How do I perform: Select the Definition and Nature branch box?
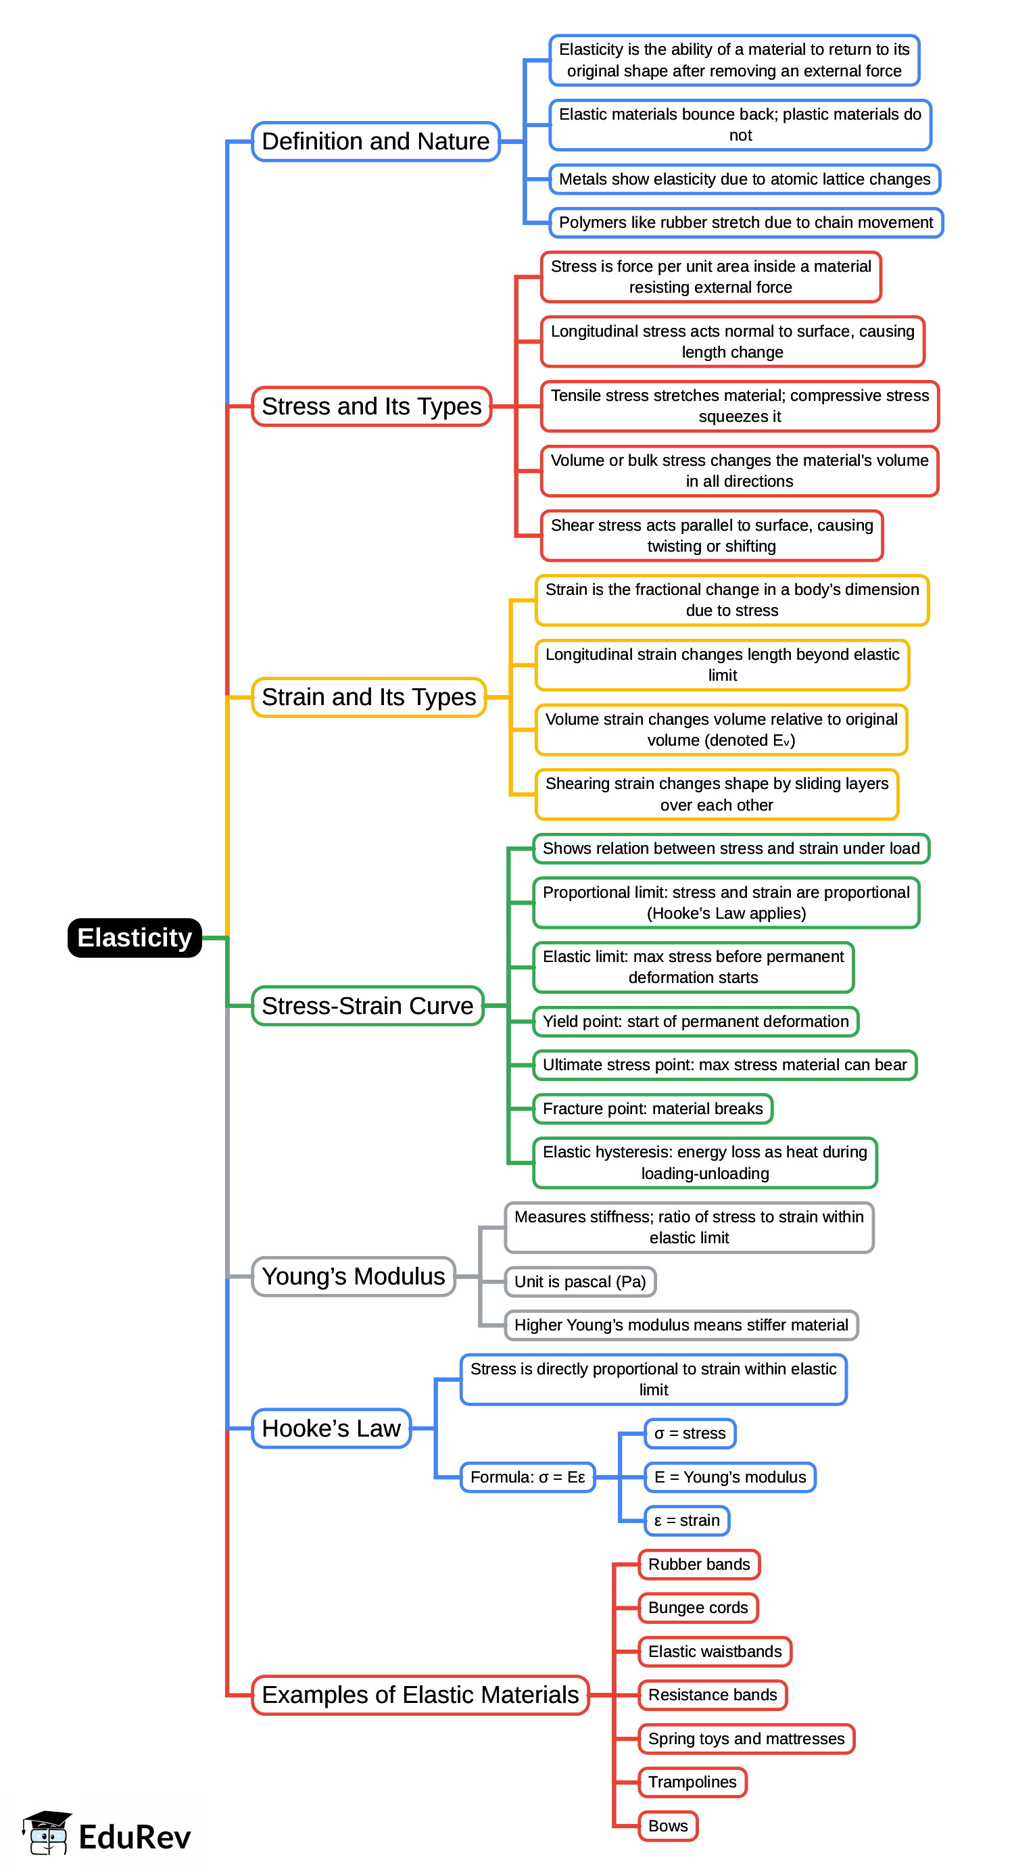(x=376, y=141)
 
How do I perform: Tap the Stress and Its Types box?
(x=371, y=406)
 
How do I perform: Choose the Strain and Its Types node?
(x=368, y=697)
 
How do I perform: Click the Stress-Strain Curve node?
(x=368, y=1006)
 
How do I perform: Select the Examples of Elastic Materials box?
(x=420, y=1695)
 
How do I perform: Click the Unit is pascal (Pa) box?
(x=580, y=1282)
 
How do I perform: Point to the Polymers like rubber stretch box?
(x=746, y=223)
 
